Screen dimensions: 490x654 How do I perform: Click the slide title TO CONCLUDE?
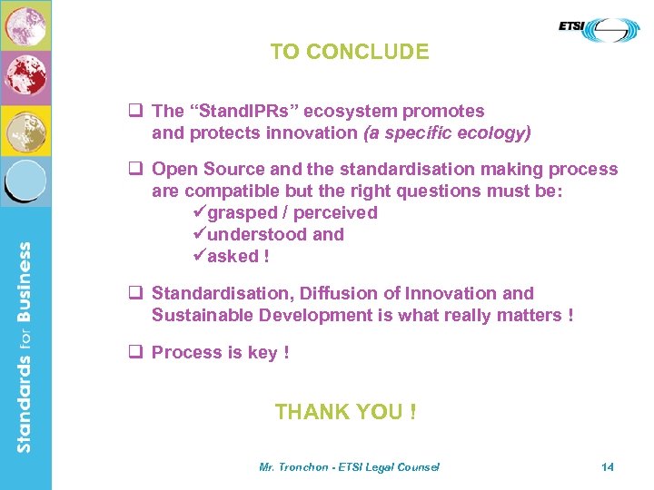tap(350, 52)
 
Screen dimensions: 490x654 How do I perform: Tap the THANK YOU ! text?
tap(346, 412)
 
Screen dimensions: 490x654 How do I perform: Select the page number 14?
tap(608, 466)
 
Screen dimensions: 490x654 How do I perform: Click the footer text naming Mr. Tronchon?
tap(349, 466)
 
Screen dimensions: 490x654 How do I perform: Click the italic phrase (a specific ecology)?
tap(447, 133)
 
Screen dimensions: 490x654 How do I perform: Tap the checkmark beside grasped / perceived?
tap(201, 213)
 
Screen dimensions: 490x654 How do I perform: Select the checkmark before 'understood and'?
tap(201, 235)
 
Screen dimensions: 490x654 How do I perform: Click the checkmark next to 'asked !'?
tap(201, 257)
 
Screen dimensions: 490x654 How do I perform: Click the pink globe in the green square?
tap(25, 25)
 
